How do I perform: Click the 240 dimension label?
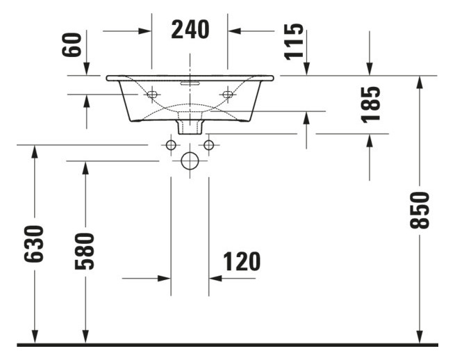pos(190,30)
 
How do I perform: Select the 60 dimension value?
pos(72,44)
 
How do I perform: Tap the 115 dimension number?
pos(294,42)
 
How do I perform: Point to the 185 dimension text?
pos(370,104)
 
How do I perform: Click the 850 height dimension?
pos(419,210)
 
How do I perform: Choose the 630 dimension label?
pos(34,244)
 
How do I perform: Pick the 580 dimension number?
pos(85,251)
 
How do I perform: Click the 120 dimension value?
pos(242,261)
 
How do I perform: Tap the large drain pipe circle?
pos(190,161)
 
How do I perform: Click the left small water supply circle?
pos(171,145)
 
